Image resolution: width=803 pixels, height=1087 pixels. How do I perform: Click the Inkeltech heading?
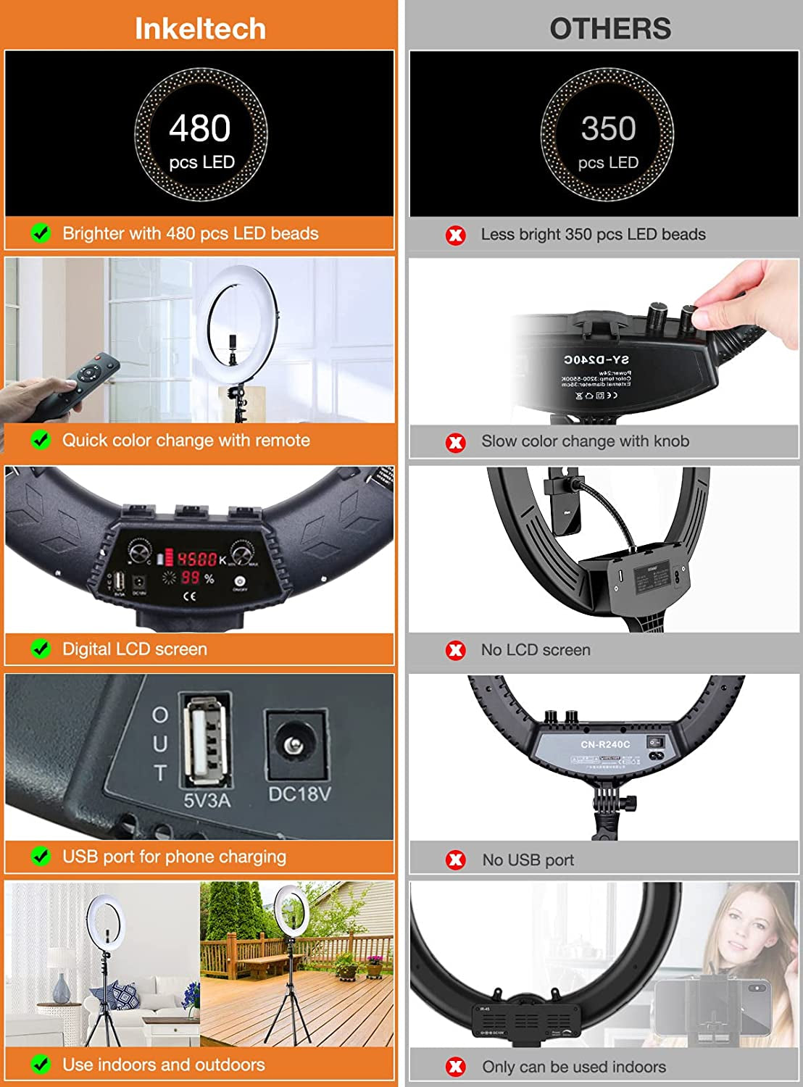[200, 28]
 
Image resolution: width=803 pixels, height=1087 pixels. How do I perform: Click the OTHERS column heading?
[609, 28]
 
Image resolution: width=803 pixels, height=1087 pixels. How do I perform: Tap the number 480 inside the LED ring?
[200, 128]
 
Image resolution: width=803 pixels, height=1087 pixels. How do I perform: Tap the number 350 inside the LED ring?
[608, 129]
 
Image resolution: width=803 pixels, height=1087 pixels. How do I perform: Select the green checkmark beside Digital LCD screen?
[41, 649]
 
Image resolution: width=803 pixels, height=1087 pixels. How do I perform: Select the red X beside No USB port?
[456, 860]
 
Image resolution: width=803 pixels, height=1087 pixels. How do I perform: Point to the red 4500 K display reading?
[198, 559]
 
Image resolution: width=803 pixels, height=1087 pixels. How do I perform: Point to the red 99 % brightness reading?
[191, 578]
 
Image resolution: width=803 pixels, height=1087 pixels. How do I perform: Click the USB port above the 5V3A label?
[207, 740]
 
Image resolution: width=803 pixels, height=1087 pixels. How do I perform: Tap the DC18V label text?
[299, 794]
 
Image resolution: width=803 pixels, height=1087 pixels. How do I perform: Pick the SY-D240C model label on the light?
[596, 359]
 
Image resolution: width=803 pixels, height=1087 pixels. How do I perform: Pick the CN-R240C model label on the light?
[605, 744]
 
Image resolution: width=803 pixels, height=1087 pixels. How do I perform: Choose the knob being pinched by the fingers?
[688, 317]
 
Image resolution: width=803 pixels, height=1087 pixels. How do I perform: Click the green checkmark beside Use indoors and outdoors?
[41, 1065]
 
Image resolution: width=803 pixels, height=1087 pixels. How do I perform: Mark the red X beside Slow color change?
[456, 442]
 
